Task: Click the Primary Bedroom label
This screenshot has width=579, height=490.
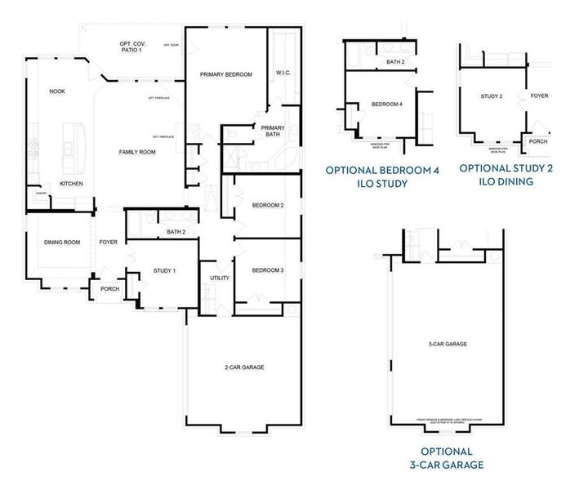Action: tap(226, 75)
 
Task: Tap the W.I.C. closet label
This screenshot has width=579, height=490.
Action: tap(284, 73)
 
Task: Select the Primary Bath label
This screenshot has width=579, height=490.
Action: tap(273, 131)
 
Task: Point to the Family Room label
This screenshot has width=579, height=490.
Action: tap(137, 153)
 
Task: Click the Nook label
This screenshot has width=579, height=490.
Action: tap(57, 91)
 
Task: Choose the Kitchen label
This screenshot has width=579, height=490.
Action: tap(71, 184)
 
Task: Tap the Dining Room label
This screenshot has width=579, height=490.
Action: tap(62, 242)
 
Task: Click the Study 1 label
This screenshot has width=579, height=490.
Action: tap(164, 270)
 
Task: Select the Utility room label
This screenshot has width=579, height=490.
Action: tap(220, 278)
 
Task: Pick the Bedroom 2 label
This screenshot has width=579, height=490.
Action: tap(268, 204)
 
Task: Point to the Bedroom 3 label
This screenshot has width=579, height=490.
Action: tap(268, 270)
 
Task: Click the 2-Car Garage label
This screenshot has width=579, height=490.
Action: tap(243, 367)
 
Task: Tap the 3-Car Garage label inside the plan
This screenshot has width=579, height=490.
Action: tap(447, 345)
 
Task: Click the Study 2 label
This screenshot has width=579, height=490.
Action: tap(491, 96)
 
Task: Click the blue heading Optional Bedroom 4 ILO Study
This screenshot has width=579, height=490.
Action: tap(382, 176)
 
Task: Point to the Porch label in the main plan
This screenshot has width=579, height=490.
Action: tap(109, 289)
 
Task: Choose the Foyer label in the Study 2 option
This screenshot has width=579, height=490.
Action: tap(539, 96)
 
